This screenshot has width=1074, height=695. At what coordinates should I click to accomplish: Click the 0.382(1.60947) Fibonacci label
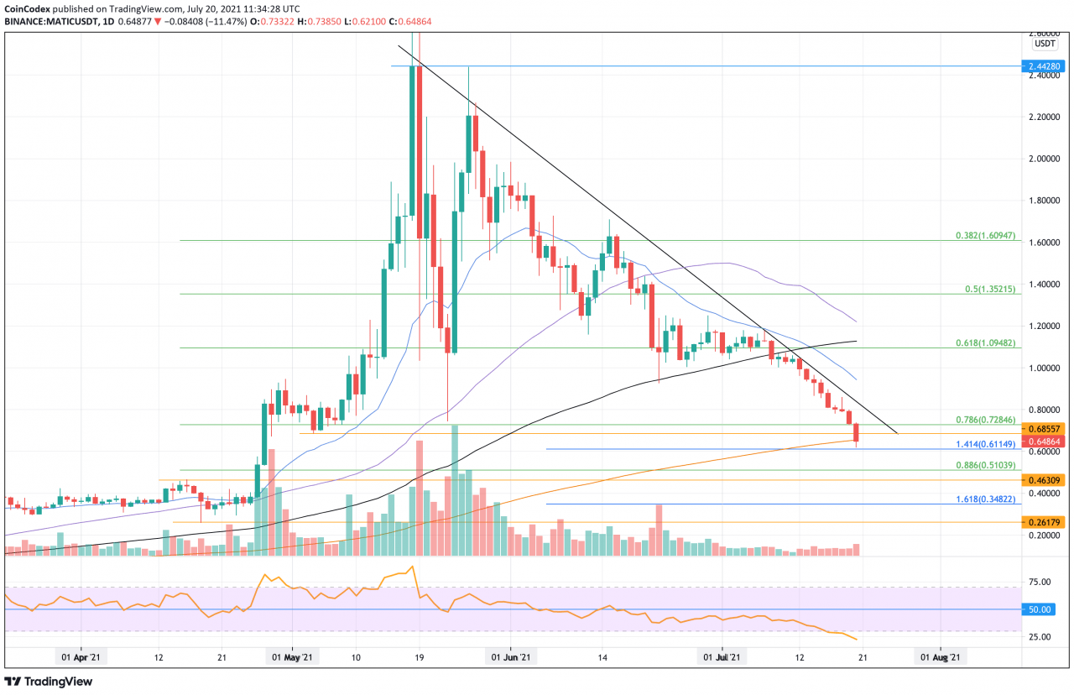(986, 237)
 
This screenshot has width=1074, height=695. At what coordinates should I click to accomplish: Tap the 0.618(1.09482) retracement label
(986, 343)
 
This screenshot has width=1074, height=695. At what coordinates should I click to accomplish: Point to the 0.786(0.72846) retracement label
(986, 420)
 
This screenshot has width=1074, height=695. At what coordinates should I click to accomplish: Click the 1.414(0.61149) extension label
(986, 444)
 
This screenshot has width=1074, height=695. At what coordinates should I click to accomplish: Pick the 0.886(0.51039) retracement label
(986, 465)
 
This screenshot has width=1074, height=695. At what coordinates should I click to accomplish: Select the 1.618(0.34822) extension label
(986, 499)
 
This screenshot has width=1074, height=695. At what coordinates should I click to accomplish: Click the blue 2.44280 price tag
(1045, 65)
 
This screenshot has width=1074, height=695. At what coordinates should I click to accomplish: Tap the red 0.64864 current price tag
(1045, 441)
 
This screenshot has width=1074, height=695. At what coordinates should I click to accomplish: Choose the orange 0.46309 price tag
(1045, 480)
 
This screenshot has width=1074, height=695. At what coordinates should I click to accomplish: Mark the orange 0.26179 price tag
(1045, 522)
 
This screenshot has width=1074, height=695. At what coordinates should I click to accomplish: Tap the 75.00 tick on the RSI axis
(1040, 582)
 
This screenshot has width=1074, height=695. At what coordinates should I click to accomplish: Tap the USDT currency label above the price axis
(1045, 43)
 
